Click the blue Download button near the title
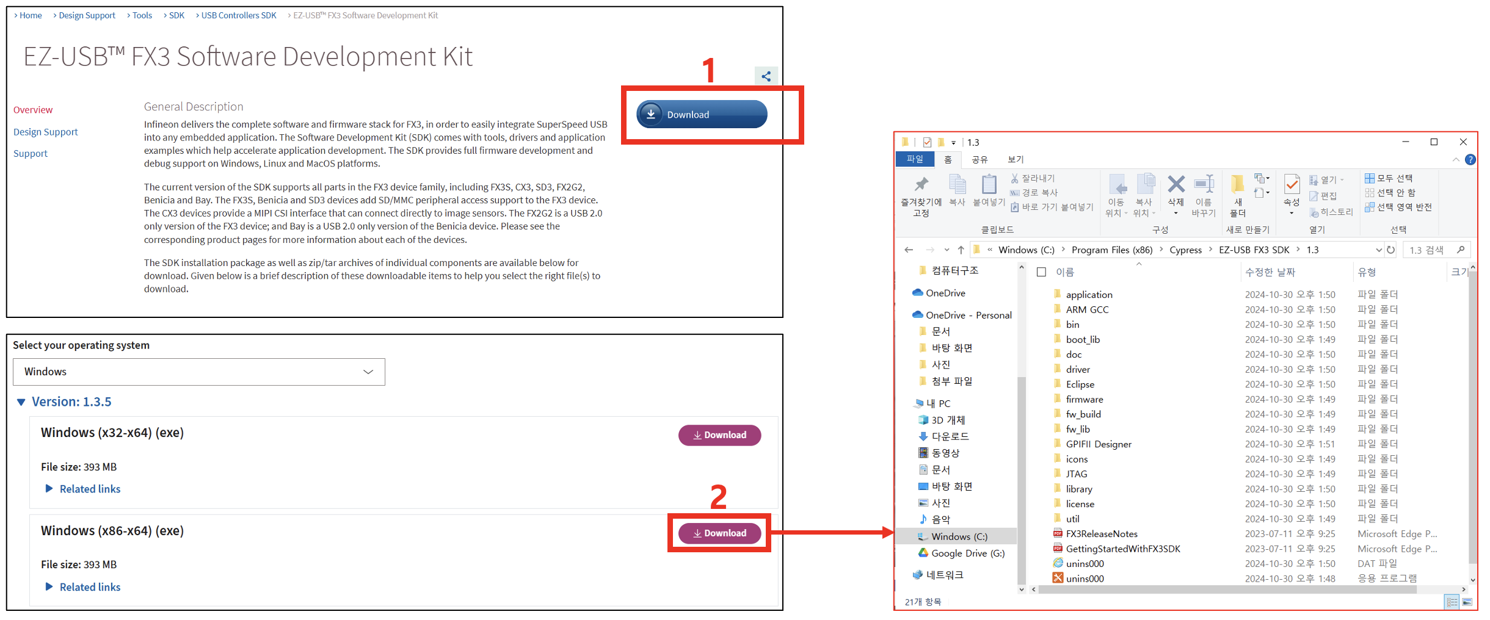[x=701, y=114]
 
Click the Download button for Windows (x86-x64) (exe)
[x=719, y=533]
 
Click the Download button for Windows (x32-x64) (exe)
[x=719, y=435]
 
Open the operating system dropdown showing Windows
[x=198, y=372]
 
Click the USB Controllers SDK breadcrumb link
[x=238, y=15]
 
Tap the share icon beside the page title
[x=766, y=76]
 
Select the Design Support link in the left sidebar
[x=46, y=132]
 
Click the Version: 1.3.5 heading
[x=71, y=402]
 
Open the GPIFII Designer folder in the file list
[x=1098, y=444]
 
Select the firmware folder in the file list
[x=1084, y=399]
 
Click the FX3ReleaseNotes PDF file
[x=1101, y=534]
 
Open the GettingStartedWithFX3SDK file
[x=1122, y=549]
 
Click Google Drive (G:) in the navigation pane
[x=967, y=553]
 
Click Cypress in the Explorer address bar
[x=1185, y=250]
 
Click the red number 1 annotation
[x=708, y=70]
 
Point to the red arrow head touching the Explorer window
[x=889, y=533]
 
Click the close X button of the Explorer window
[x=1463, y=142]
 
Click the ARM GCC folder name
[x=1087, y=309]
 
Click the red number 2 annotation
[x=718, y=497]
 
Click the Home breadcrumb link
[x=31, y=15]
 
